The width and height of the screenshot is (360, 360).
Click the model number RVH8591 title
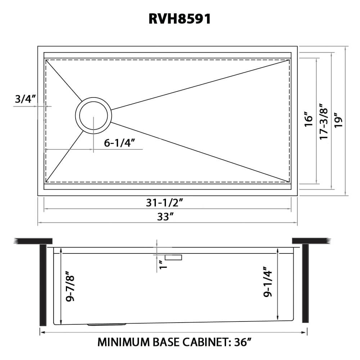click(180, 19)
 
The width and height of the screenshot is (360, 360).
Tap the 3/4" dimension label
click(25, 99)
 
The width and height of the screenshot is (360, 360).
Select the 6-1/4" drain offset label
click(120, 143)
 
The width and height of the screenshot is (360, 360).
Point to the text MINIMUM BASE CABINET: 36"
click(174, 342)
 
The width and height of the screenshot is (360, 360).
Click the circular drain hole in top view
click(93, 116)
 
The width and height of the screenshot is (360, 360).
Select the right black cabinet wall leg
click(306, 284)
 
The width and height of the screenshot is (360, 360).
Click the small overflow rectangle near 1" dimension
click(174, 257)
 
